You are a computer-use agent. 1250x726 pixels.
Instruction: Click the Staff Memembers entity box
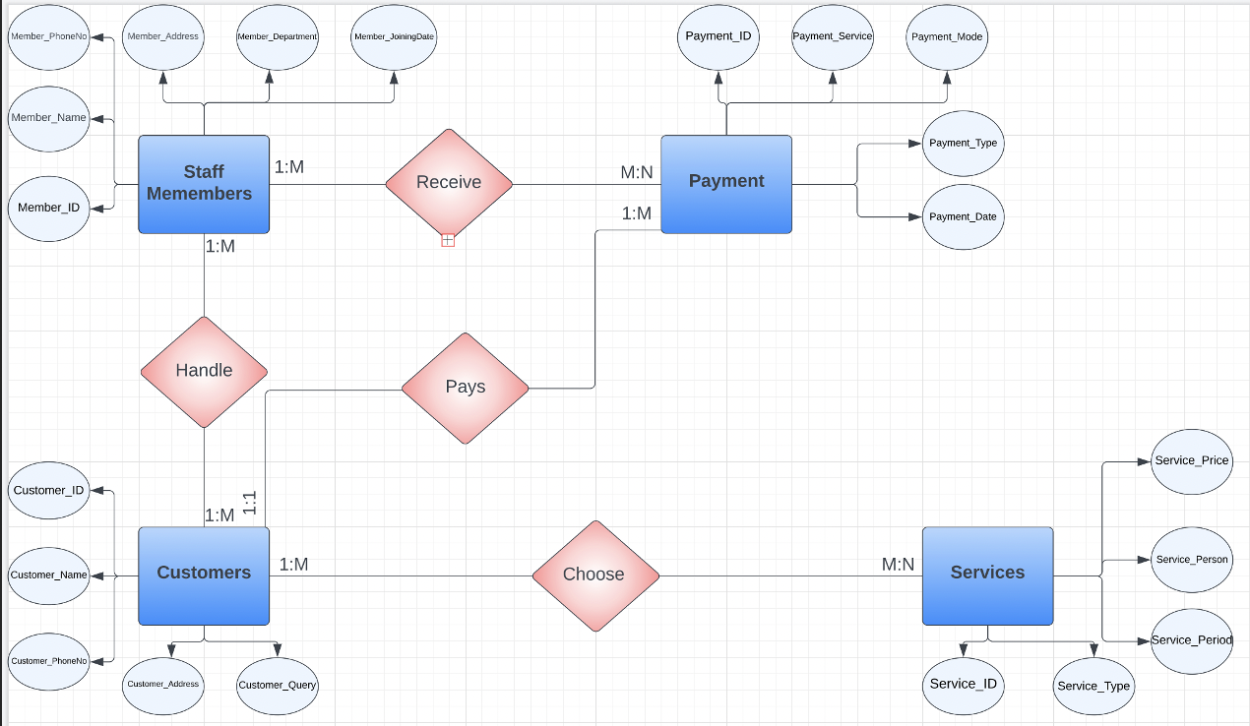coord(204,184)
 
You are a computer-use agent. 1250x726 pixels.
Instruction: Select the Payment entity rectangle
coord(726,184)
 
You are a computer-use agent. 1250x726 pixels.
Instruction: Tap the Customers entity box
coord(204,575)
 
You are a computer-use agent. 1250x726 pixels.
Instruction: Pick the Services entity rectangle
coord(987,575)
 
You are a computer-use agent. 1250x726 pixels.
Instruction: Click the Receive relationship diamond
coord(449,183)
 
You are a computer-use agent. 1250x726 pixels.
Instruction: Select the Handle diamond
coord(204,372)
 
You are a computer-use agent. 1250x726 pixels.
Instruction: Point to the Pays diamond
coord(465,388)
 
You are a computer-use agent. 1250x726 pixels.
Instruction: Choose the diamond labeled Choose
coord(594,575)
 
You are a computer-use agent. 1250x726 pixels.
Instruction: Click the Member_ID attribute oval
coord(48,209)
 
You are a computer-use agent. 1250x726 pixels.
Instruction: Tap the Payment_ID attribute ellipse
coord(719,37)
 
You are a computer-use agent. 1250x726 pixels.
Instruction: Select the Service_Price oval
coord(1191,461)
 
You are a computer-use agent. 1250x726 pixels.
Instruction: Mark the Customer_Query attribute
coord(277,685)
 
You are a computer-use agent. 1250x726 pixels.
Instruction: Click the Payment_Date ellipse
coord(963,216)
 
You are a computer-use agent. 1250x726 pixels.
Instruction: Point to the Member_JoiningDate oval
coord(394,37)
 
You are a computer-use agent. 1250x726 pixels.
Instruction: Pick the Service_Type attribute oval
coord(1094,686)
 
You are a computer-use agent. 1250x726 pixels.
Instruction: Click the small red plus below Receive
coord(448,240)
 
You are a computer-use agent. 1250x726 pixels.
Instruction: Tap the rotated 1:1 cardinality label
coord(250,504)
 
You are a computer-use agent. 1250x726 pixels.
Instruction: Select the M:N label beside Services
coord(898,565)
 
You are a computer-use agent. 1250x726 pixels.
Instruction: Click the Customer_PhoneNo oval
coord(48,661)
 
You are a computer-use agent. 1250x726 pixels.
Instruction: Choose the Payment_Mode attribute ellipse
coord(946,37)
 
